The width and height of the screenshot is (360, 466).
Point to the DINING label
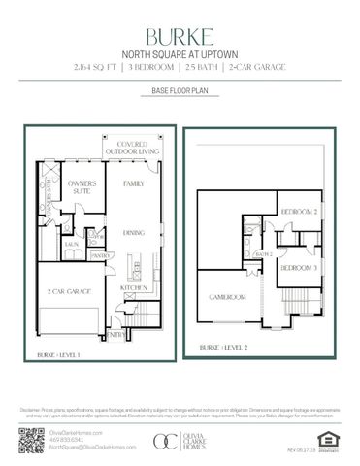135,232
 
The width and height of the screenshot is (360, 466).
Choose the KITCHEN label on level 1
135,287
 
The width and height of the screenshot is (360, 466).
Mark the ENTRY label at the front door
116,335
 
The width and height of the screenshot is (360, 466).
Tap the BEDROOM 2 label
299,211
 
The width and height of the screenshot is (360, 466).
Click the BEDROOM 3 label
299,266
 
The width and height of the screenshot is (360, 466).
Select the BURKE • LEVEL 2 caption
224,347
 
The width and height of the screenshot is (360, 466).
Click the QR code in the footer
28,441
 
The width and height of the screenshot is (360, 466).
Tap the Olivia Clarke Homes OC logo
166,442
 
